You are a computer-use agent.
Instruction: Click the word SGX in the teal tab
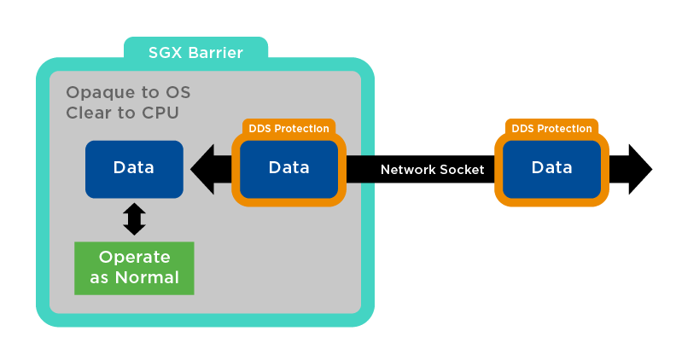click(166, 54)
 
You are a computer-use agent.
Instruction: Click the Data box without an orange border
click(134, 168)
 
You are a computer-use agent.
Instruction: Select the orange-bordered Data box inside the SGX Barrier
click(288, 168)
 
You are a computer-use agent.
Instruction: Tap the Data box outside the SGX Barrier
click(551, 168)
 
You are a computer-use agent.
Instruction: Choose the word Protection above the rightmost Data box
click(565, 129)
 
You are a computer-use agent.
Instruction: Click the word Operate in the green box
click(134, 258)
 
